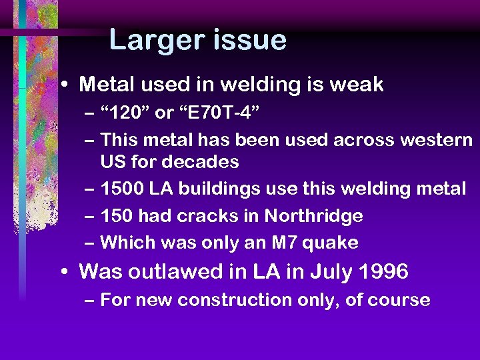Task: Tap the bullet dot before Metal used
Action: coord(62,85)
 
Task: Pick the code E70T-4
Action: coord(217,113)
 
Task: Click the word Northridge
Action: coord(313,216)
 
